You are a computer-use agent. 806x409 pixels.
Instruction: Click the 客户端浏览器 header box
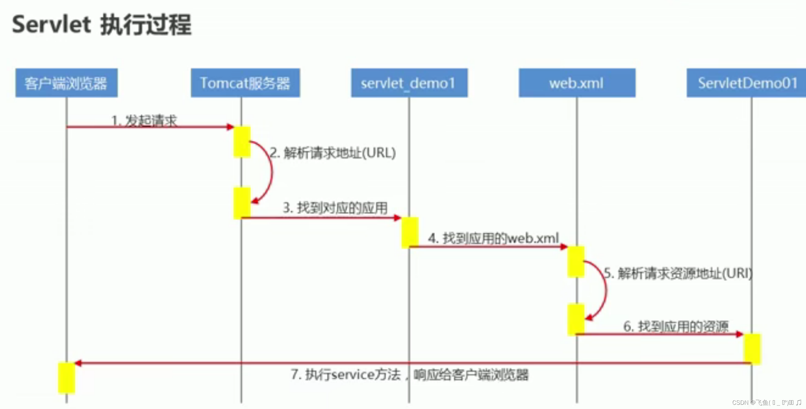click(66, 83)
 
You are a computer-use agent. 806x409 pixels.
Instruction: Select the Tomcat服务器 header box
click(245, 83)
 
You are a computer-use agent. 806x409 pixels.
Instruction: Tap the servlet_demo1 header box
click(409, 83)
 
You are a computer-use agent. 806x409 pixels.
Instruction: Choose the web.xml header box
click(577, 83)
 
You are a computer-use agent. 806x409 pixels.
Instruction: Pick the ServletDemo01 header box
click(747, 83)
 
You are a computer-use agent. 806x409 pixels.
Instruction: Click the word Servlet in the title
click(51, 25)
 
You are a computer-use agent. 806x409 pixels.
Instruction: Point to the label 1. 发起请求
click(144, 120)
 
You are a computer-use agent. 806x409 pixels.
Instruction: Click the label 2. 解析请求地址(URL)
click(333, 153)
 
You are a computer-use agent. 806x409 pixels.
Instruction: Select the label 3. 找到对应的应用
click(335, 208)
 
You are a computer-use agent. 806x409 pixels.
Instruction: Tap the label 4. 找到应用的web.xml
click(493, 239)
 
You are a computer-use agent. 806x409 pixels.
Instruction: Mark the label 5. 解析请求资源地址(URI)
click(678, 274)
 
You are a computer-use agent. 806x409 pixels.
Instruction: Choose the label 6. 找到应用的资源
click(676, 326)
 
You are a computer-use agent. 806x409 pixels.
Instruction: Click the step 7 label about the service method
click(409, 375)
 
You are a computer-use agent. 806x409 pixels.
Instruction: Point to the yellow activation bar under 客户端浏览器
click(67, 378)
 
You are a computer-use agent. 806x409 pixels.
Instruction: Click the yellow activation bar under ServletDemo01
click(752, 349)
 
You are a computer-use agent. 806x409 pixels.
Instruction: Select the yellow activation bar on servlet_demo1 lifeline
click(410, 233)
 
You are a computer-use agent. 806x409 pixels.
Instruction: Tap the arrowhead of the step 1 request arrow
click(230, 127)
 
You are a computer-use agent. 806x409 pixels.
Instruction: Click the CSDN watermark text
click(766, 403)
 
